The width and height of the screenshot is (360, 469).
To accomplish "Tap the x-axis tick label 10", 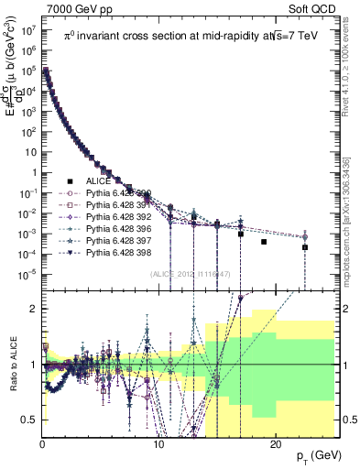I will pos(158,443).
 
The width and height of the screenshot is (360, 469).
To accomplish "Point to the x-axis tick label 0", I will pos(42,443).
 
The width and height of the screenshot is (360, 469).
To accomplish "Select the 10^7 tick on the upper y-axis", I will pos(27,28).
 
